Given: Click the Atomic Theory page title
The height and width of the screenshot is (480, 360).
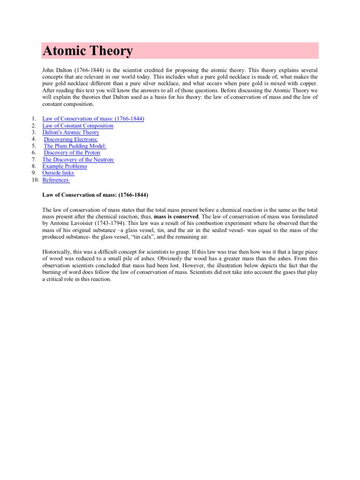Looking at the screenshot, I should (x=88, y=51).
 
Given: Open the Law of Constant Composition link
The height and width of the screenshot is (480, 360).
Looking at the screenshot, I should (x=78, y=126).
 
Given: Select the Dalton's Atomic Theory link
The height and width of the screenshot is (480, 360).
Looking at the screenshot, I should (x=71, y=133).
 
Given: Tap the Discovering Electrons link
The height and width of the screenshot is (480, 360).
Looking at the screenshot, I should (x=71, y=139).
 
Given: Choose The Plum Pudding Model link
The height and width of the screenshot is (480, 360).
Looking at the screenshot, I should (x=75, y=146).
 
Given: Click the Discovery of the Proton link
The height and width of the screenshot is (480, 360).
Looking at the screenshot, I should (x=72, y=153).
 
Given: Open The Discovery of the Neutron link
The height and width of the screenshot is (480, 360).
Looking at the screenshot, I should (x=78, y=159).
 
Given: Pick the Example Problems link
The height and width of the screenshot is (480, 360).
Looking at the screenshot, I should (x=65, y=166).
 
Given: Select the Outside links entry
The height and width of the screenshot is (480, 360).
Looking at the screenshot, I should (x=58, y=173).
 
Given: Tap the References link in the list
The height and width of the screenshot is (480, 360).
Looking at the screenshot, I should (x=56, y=180).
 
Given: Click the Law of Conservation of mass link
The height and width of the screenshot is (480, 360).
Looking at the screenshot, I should (x=93, y=119).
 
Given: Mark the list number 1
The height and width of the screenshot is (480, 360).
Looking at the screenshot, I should (x=35, y=119).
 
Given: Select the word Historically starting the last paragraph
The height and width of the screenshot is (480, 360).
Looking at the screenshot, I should (x=59, y=252).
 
